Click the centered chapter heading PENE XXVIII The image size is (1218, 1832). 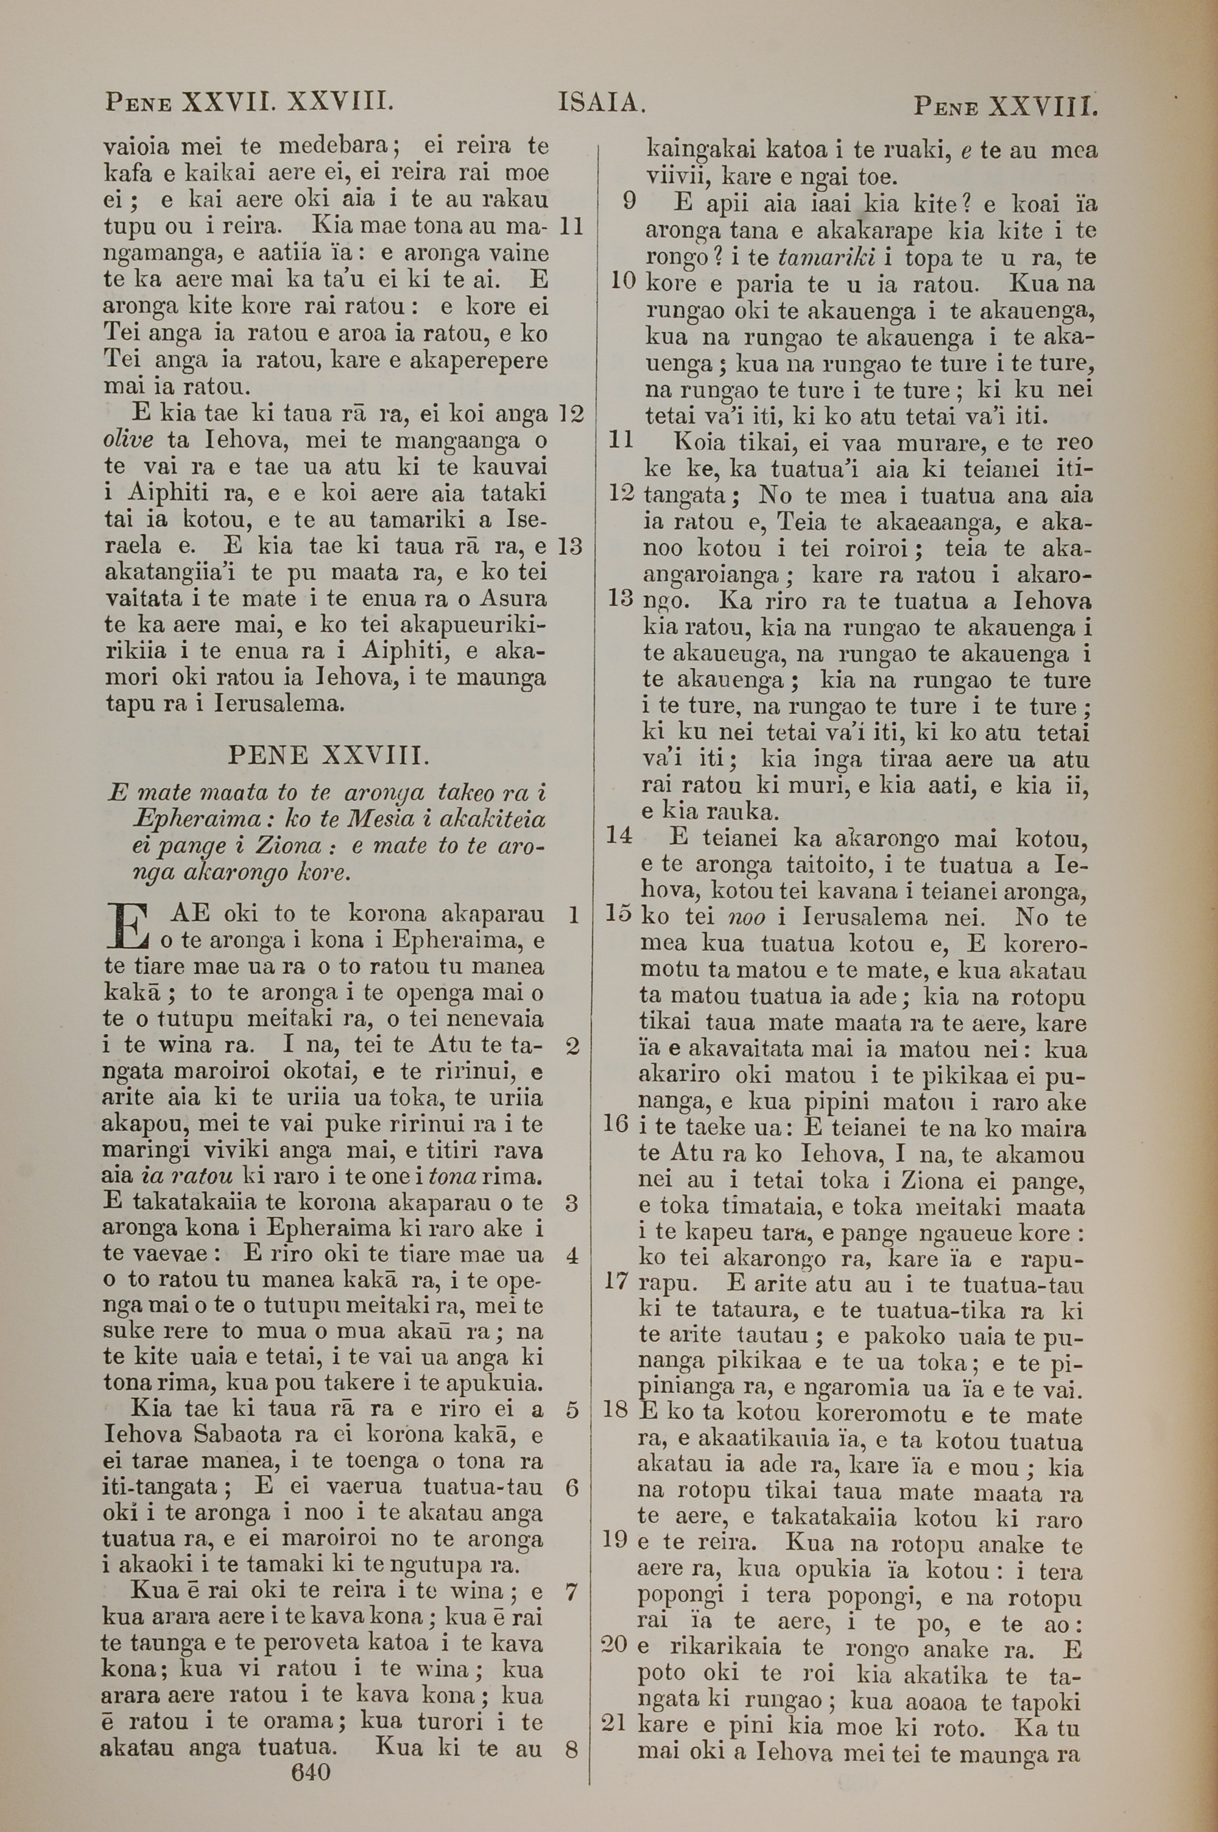point(325,754)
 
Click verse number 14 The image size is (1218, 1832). point(619,835)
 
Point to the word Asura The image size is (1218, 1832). point(513,599)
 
